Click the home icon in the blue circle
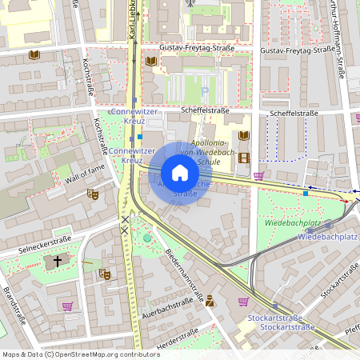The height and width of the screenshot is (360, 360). pyautogui.click(x=180, y=173)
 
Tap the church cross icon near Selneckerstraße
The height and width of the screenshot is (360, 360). pyautogui.click(x=57, y=261)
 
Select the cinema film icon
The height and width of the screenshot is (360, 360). pyautogui.click(x=244, y=158)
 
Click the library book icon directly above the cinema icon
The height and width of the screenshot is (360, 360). pyautogui.click(x=244, y=136)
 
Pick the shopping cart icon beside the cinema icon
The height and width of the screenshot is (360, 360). pyautogui.click(x=258, y=175)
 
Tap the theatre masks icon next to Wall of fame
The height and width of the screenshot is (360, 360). pyautogui.click(x=92, y=194)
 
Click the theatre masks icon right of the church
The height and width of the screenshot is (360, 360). pyautogui.click(x=104, y=274)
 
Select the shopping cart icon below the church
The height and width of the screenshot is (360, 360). pyautogui.click(x=67, y=305)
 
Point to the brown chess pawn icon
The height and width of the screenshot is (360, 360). pyautogui.click(x=210, y=301)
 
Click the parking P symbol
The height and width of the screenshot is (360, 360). pyautogui.click(x=205, y=93)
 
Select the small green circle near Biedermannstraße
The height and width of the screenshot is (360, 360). pyautogui.click(x=147, y=237)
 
